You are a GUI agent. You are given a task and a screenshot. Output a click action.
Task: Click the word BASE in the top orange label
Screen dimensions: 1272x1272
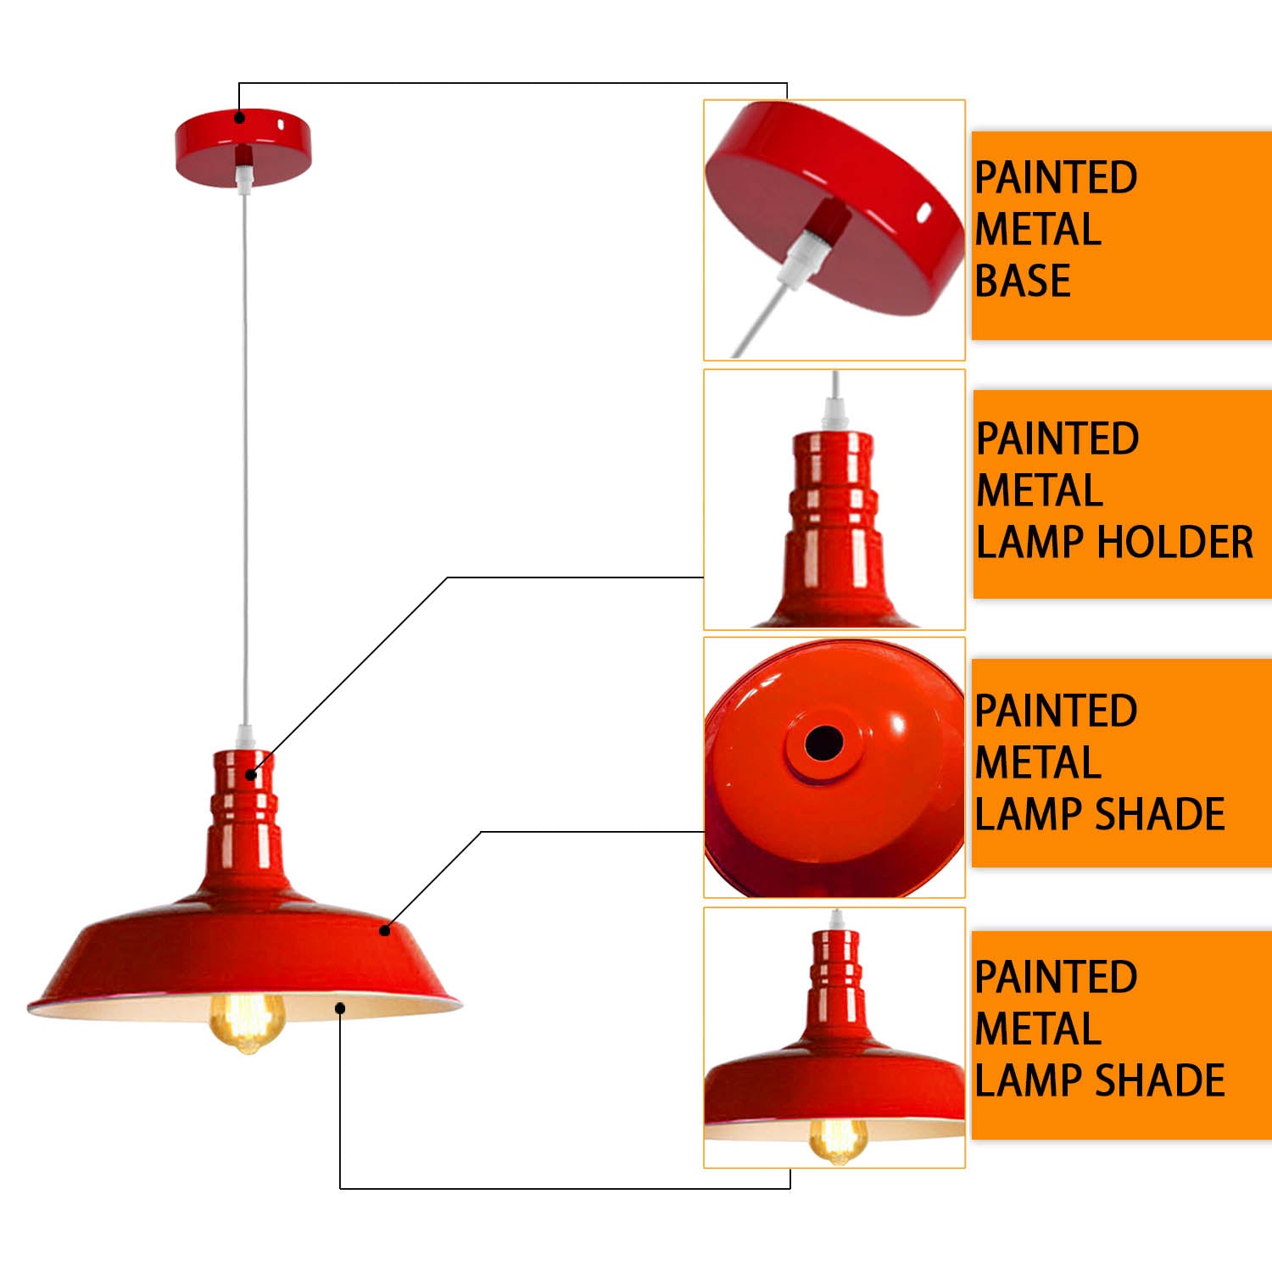tap(1023, 281)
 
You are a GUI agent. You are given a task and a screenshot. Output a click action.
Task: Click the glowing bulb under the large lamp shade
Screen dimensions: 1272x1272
tap(247, 1021)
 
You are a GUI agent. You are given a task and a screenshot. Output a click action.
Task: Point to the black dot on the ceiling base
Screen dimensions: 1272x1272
tap(240, 118)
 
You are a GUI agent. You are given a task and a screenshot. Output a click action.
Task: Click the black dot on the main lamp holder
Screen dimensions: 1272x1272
tap(251, 774)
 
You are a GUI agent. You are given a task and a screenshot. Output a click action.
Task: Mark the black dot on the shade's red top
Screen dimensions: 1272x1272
tap(385, 930)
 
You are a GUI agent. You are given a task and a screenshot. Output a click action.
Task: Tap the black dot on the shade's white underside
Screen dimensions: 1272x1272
tap(340, 1007)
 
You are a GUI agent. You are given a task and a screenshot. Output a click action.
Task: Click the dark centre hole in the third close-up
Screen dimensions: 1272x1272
tap(823, 744)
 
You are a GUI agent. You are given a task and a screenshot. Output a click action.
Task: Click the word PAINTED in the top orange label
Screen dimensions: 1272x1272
tap(1056, 177)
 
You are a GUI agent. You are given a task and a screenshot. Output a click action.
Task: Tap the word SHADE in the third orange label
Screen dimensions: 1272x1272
tap(1161, 814)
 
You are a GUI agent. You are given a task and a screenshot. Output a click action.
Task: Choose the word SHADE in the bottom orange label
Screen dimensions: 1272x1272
tap(1161, 1080)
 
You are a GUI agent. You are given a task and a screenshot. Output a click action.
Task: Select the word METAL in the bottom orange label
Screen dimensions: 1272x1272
tap(1038, 1029)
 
